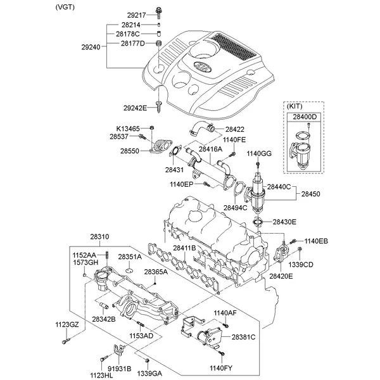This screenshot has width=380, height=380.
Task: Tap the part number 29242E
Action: click(135, 108)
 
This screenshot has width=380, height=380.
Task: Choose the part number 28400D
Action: click(305, 118)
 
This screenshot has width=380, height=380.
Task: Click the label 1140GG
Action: click(258, 153)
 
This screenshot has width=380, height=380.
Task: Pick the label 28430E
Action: click(284, 222)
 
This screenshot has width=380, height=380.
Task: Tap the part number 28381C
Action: click(243, 338)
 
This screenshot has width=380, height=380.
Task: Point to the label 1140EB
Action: click(317, 241)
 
